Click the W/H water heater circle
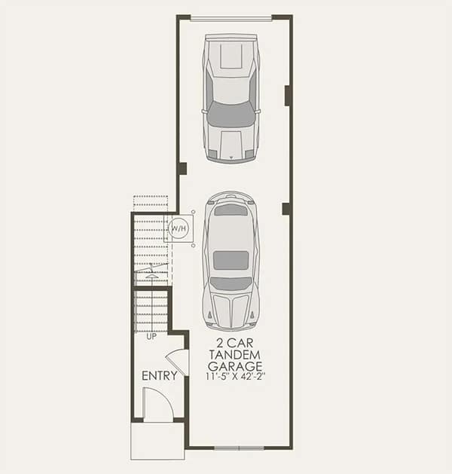[x=179, y=228]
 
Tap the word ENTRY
[x=160, y=376]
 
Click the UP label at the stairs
[x=151, y=336]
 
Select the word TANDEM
[x=234, y=355]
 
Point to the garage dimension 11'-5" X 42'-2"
[x=236, y=377]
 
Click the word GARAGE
[x=235, y=366]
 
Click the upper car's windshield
[x=231, y=115]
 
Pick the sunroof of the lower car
[x=231, y=260]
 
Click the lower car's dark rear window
[x=231, y=209]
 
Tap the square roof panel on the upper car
[x=231, y=57]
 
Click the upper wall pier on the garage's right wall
[x=288, y=96]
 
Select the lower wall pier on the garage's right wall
[x=286, y=209]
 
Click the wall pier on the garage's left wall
[x=182, y=169]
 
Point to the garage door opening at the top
[x=231, y=19]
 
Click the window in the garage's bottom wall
[x=239, y=448]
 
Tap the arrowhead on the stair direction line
[x=151, y=275]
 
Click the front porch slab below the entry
[x=157, y=441]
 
